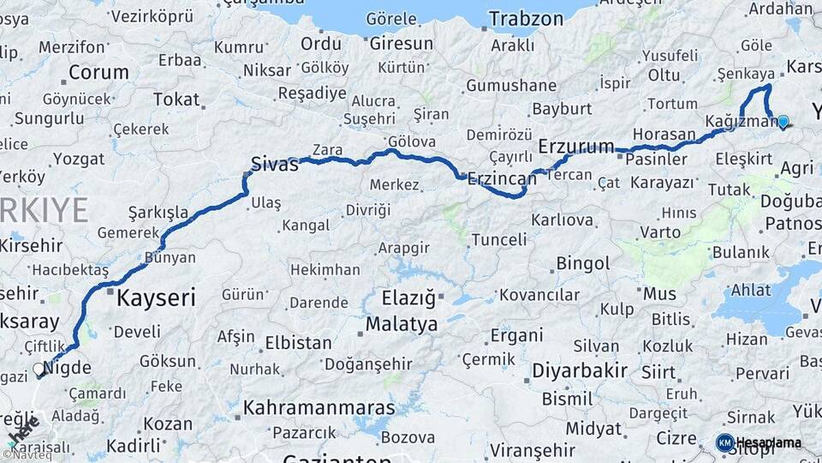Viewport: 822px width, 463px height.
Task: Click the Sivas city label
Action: tap(274, 163)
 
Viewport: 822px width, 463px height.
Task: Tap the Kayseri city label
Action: tap(156, 298)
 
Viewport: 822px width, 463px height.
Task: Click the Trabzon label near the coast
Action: tap(526, 18)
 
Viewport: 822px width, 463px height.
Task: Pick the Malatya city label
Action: tap(402, 324)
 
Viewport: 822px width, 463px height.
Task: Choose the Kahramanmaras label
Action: tap(319, 407)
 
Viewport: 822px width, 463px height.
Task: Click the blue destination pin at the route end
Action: tap(783, 122)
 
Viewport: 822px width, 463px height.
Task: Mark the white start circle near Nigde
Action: tap(39, 370)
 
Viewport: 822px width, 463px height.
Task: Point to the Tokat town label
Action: tap(176, 99)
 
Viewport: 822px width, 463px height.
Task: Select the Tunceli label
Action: tap(499, 239)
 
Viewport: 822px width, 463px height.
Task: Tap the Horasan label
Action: tap(664, 134)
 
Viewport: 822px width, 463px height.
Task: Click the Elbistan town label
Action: tap(298, 342)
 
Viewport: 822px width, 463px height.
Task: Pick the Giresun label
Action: tap(402, 43)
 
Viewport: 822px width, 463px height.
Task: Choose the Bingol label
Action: tap(582, 263)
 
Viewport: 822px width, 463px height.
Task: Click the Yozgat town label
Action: tap(79, 159)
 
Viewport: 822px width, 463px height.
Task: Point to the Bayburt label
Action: tap(562, 109)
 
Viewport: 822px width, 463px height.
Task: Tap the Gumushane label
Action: tap(511, 85)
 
